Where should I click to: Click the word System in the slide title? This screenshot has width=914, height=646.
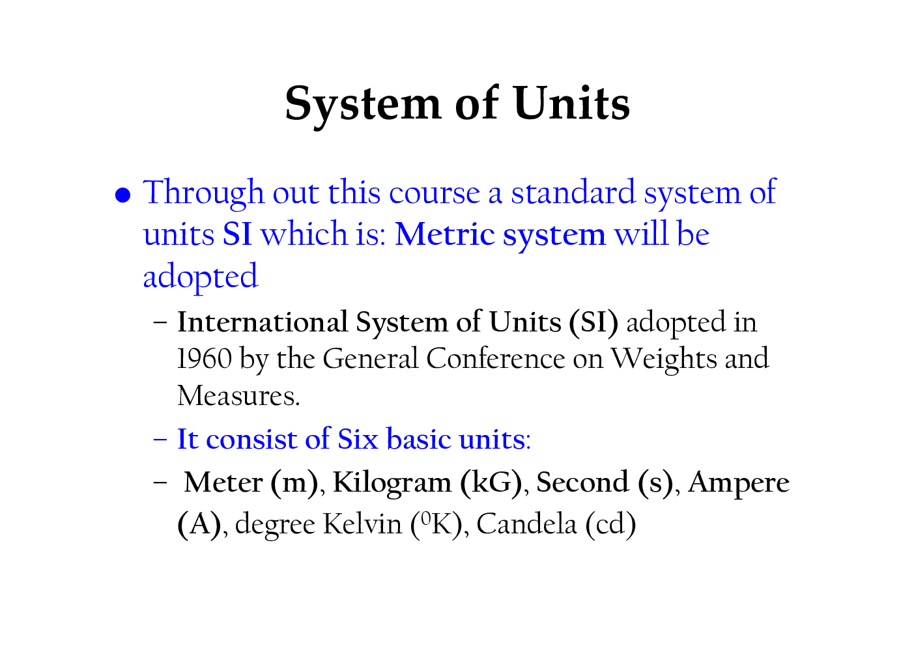[363, 104]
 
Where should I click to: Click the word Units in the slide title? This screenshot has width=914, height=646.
[571, 104]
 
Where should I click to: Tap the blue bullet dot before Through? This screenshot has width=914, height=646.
[123, 195]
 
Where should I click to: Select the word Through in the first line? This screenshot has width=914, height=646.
[203, 193]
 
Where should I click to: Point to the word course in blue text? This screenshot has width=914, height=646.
[434, 193]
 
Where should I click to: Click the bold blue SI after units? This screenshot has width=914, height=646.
[237, 234]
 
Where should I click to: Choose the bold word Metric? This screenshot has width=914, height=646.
[444, 234]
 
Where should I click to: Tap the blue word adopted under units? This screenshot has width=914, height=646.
[200, 277]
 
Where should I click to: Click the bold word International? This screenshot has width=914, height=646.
[263, 322]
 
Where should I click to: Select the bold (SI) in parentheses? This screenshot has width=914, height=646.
[593, 322]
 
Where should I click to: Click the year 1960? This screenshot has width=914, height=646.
[204, 359]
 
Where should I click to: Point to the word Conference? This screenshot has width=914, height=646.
[496, 359]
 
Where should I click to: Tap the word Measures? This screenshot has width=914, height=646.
[238, 396]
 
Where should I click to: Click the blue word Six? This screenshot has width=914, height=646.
[358, 439]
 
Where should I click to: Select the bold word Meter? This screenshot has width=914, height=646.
[223, 483]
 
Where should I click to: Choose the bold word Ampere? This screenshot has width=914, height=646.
[738, 483]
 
